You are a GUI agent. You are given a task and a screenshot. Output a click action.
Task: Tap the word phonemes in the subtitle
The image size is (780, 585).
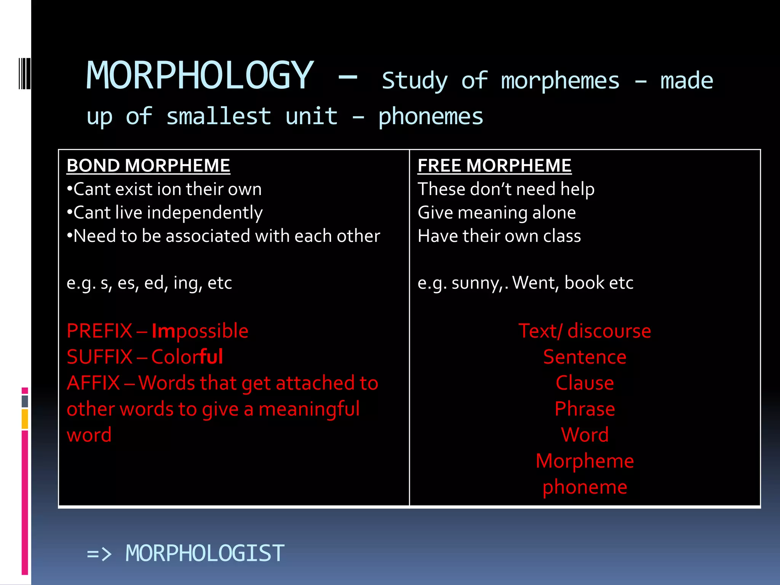coord(430,117)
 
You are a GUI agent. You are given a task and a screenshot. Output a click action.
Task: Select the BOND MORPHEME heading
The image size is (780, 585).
coord(148,166)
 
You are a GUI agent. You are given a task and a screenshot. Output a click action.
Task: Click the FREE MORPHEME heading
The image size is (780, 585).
coord(494,166)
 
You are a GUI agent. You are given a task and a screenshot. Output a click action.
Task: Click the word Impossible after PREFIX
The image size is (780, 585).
coord(200,331)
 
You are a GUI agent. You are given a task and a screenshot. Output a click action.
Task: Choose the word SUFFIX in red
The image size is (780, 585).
coord(99,357)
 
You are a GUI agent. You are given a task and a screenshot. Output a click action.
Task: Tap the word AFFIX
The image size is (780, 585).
coord(93,383)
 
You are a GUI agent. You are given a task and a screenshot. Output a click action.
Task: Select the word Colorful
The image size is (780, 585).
coord(187,357)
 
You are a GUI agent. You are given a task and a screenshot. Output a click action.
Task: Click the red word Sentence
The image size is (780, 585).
coord(585,357)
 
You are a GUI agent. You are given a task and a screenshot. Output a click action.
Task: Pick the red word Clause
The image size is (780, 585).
coord(585,383)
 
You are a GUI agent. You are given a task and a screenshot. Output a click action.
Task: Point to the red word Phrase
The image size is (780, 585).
coord(585,409)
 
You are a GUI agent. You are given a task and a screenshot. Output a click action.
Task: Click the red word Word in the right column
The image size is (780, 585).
coord(585,435)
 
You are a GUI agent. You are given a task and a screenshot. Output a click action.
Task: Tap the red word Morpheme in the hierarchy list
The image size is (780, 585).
coord(585,461)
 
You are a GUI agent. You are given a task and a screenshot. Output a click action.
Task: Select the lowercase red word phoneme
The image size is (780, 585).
coord(585,487)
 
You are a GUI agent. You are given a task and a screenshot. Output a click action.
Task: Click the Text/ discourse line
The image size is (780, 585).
coord(585,331)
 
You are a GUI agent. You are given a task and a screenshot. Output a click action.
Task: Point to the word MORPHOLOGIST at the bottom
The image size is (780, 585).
coord(205,553)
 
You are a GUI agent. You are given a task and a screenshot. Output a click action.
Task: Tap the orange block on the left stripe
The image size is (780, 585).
coord(25,419)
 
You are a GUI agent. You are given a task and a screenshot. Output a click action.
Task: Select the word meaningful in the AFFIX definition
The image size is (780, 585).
coord(309,409)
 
